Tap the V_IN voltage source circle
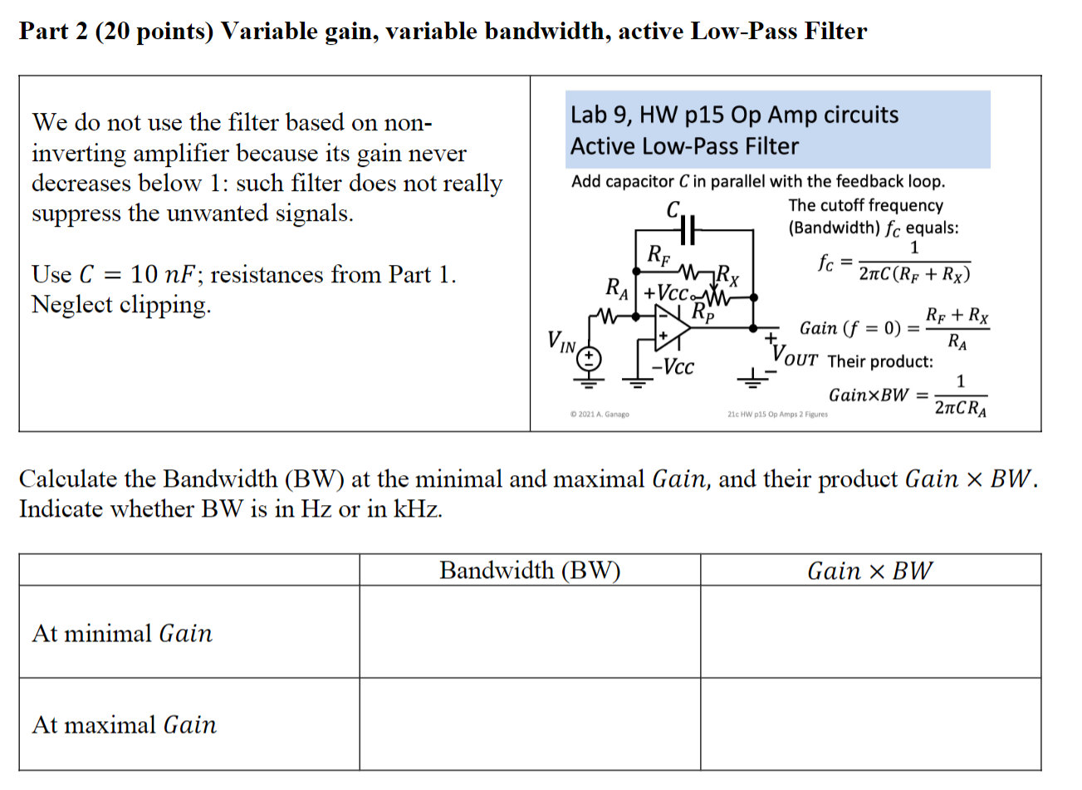pos(589,358)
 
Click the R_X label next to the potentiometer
pos(728,273)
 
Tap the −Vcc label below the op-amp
pos(673,367)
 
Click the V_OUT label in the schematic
pos(795,356)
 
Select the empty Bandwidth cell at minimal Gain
pos(529,632)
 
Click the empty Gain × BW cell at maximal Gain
pos(869,724)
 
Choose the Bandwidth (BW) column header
pos(529,571)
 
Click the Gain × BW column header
pos(869,571)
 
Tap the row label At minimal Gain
pos(122,634)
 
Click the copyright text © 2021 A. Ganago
pos(600,414)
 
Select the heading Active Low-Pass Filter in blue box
pos(684,146)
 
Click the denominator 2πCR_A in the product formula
pos(960,408)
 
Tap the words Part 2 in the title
pos(52,32)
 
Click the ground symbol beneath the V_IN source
pos(589,382)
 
